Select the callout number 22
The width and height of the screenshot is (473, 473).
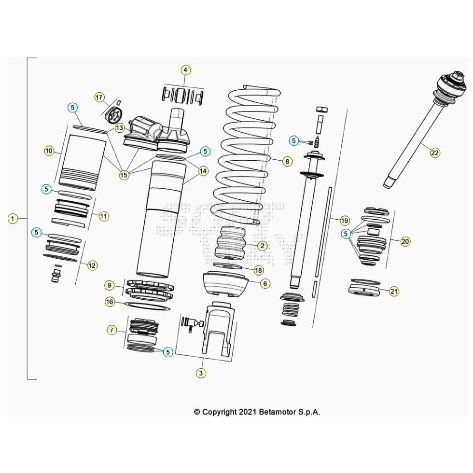click(435, 153)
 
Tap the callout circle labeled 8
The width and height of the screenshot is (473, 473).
click(287, 162)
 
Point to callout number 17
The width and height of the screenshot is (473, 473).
click(99, 97)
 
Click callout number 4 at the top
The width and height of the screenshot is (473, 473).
click(185, 70)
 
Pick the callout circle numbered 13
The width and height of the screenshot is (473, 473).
click(119, 128)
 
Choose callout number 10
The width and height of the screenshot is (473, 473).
click(49, 151)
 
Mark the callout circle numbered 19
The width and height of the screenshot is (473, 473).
click(344, 221)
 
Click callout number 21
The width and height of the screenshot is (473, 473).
click(394, 291)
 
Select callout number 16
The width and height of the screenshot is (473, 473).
click(110, 302)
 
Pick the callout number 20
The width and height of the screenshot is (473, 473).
click(405, 242)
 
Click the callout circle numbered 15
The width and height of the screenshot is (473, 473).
click(124, 175)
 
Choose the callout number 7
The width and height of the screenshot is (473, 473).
click(112, 330)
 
